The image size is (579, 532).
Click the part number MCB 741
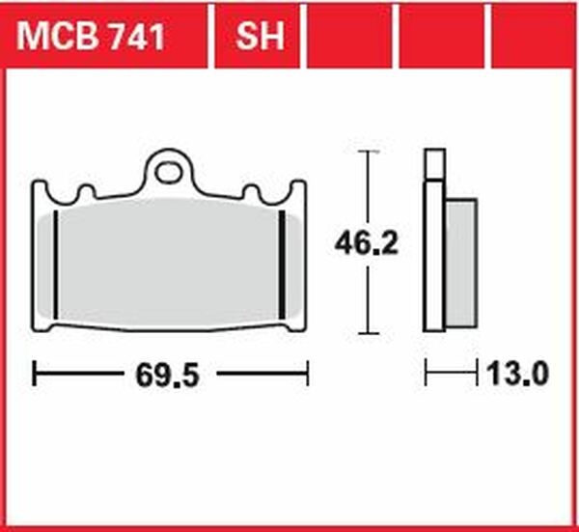[x=91, y=36]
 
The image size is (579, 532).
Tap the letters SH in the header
[x=261, y=36]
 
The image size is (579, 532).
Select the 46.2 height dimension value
[x=367, y=243]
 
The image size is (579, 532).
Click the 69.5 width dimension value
[x=168, y=376]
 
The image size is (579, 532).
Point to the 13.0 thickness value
[x=517, y=374]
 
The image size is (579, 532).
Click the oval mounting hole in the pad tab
[x=169, y=173]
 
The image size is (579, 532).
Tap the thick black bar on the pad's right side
[x=282, y=265]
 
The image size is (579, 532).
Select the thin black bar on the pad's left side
[x=56, y=265]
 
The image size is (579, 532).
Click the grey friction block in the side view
[x=461, y=264]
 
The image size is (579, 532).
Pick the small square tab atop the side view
[x=434, y=164]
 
